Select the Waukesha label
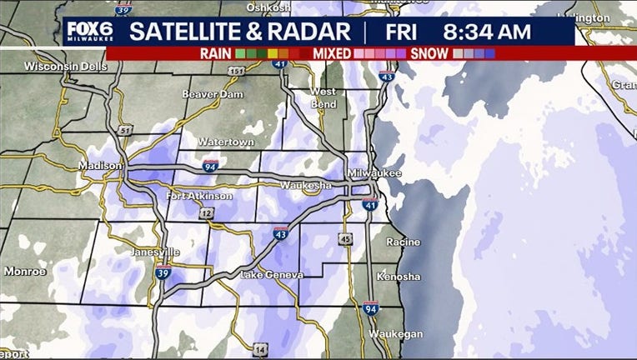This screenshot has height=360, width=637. pyautogui.click(x=306, y=184)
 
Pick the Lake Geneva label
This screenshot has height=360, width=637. pyautogui.click(x=272, y=275)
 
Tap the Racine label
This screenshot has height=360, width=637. pyautogui.click(x=403, y=242)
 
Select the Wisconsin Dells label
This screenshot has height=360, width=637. pyautogui.click(x=59, y=66)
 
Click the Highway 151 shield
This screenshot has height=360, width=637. pyautogui.click(x=238, y=72)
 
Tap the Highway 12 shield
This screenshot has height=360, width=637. pyautogui.click(x=206, y=214)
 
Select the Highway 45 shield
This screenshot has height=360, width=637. pyautogui.click(x=345, y=240)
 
